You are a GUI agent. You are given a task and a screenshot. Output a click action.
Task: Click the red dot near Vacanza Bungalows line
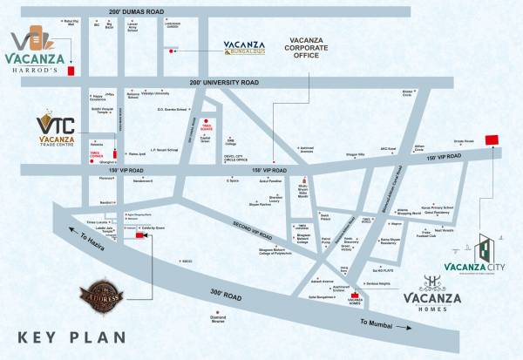[173, 51]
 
